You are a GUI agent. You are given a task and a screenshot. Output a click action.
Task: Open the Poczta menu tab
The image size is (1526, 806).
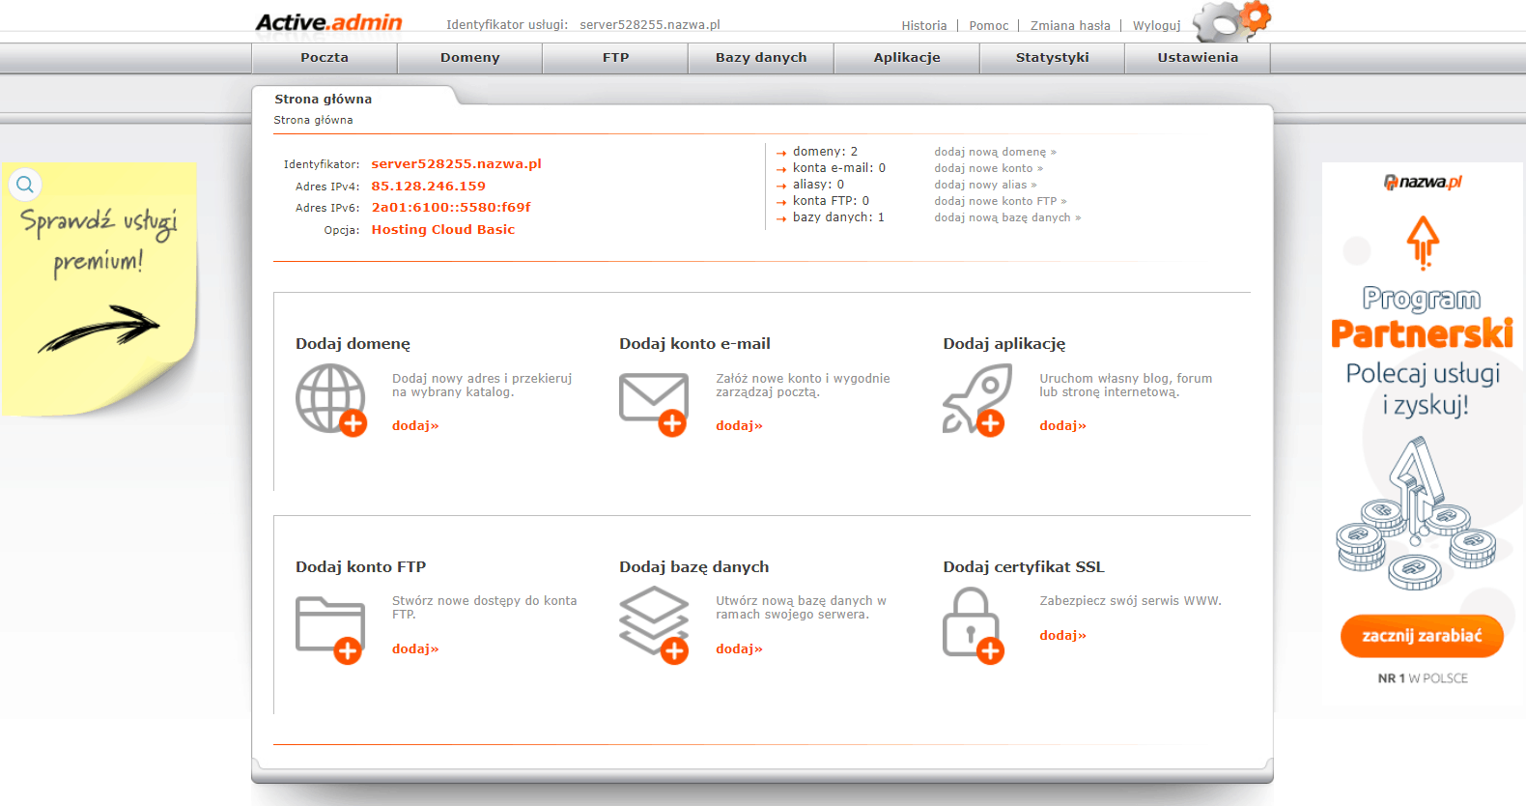[x=325, y=58]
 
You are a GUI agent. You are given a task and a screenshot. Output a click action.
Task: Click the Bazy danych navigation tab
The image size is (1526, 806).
[x=761, y=58]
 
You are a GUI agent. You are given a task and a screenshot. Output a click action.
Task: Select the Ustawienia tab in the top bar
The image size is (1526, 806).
[x=1198, y=58]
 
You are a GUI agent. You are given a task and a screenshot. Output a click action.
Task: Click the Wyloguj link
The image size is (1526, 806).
[x=1156, y=26]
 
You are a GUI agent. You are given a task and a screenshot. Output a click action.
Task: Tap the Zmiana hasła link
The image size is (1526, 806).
[x=1070, y=26]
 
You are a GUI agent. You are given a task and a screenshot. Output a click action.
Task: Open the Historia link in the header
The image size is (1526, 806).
[x=923, y=26]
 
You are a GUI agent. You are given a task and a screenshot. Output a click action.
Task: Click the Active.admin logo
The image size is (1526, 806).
[x=328, y=22]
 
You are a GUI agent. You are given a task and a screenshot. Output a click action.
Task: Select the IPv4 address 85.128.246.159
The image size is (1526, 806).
[x=428, y=187]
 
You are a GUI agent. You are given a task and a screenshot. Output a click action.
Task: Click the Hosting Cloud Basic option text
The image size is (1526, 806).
[x=442, y=230]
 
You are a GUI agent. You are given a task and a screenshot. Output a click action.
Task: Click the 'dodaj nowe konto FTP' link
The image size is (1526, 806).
[x=1000, y=201]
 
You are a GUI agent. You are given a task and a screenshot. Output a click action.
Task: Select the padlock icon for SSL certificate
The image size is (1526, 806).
[x=972, y=625]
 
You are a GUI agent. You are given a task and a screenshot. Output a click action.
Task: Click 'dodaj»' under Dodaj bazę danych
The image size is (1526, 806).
[x=739, y=649]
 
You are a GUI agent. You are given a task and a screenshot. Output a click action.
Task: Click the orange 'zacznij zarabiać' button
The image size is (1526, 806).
[x=1422, y=636]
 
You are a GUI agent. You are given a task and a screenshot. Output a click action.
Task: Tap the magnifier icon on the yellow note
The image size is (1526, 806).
[x=25, y=184]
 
